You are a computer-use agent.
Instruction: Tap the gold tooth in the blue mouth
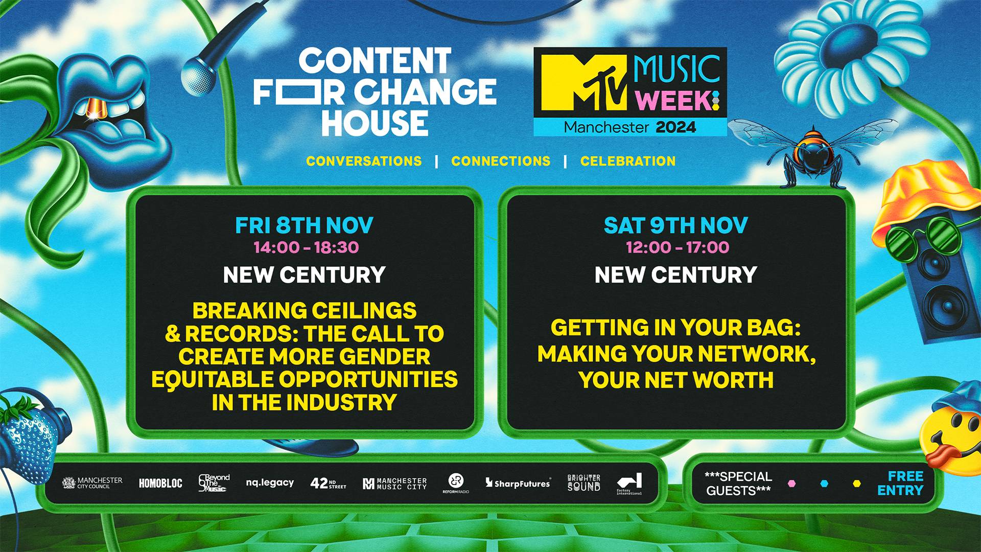pyautogui.click(x=94, y=108)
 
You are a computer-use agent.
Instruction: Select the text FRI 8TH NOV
pyautogui.click(x=304, y=225)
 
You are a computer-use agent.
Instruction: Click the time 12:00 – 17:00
pyautogui.click(x=678, y=247)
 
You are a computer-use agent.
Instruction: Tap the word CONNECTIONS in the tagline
pyautogui.click(x=501, y=161)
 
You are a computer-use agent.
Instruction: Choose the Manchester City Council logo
pyautogui.click(x=92, y=483)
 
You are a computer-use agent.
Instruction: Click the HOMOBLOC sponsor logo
pyautogui.click(x=160, y=483)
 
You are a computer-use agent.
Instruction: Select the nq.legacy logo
pyautogui.click(x=270, y=483)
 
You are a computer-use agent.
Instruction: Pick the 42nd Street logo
pyautogui.click(x=328, y=483)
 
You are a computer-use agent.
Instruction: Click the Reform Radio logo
pyautogui.click(x=456, y=483)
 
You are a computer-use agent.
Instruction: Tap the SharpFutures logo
pyautogui.click(x=518, y=483)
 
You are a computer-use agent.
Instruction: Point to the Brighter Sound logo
pyautogui.click(x=584, y=483)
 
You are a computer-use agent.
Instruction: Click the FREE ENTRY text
pyautogui.click(x=900, y=483)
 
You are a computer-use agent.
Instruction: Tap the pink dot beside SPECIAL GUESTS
pyautogui.click(x=791, y=484)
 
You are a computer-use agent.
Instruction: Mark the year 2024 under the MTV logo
pyautogui.click(x=676, y=127)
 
